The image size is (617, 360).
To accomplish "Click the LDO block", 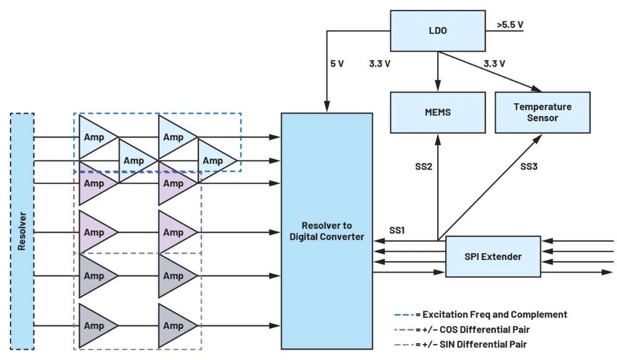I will point(437,31).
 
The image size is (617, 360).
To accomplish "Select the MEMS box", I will point(438,112).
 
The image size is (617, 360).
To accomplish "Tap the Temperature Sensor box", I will point(542,112).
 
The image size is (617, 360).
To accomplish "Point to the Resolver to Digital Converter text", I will point(327,231).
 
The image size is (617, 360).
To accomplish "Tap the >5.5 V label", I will point(510,25).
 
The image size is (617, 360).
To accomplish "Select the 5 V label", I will point(337,64).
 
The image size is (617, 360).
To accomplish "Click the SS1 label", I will point(397,230).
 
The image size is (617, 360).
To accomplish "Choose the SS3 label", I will point(529,167).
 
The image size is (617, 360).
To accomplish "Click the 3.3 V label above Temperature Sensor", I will point(494,64).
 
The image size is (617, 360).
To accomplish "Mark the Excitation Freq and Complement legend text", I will point(495,315).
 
